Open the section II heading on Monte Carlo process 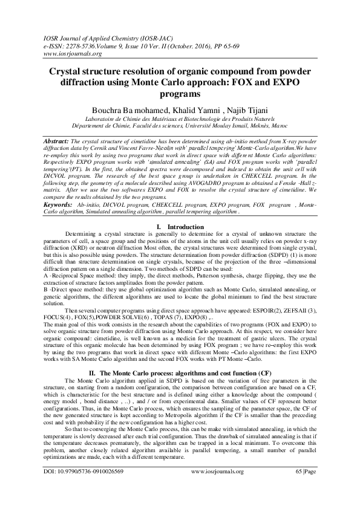pyautogui.click(x=180, y=391)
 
